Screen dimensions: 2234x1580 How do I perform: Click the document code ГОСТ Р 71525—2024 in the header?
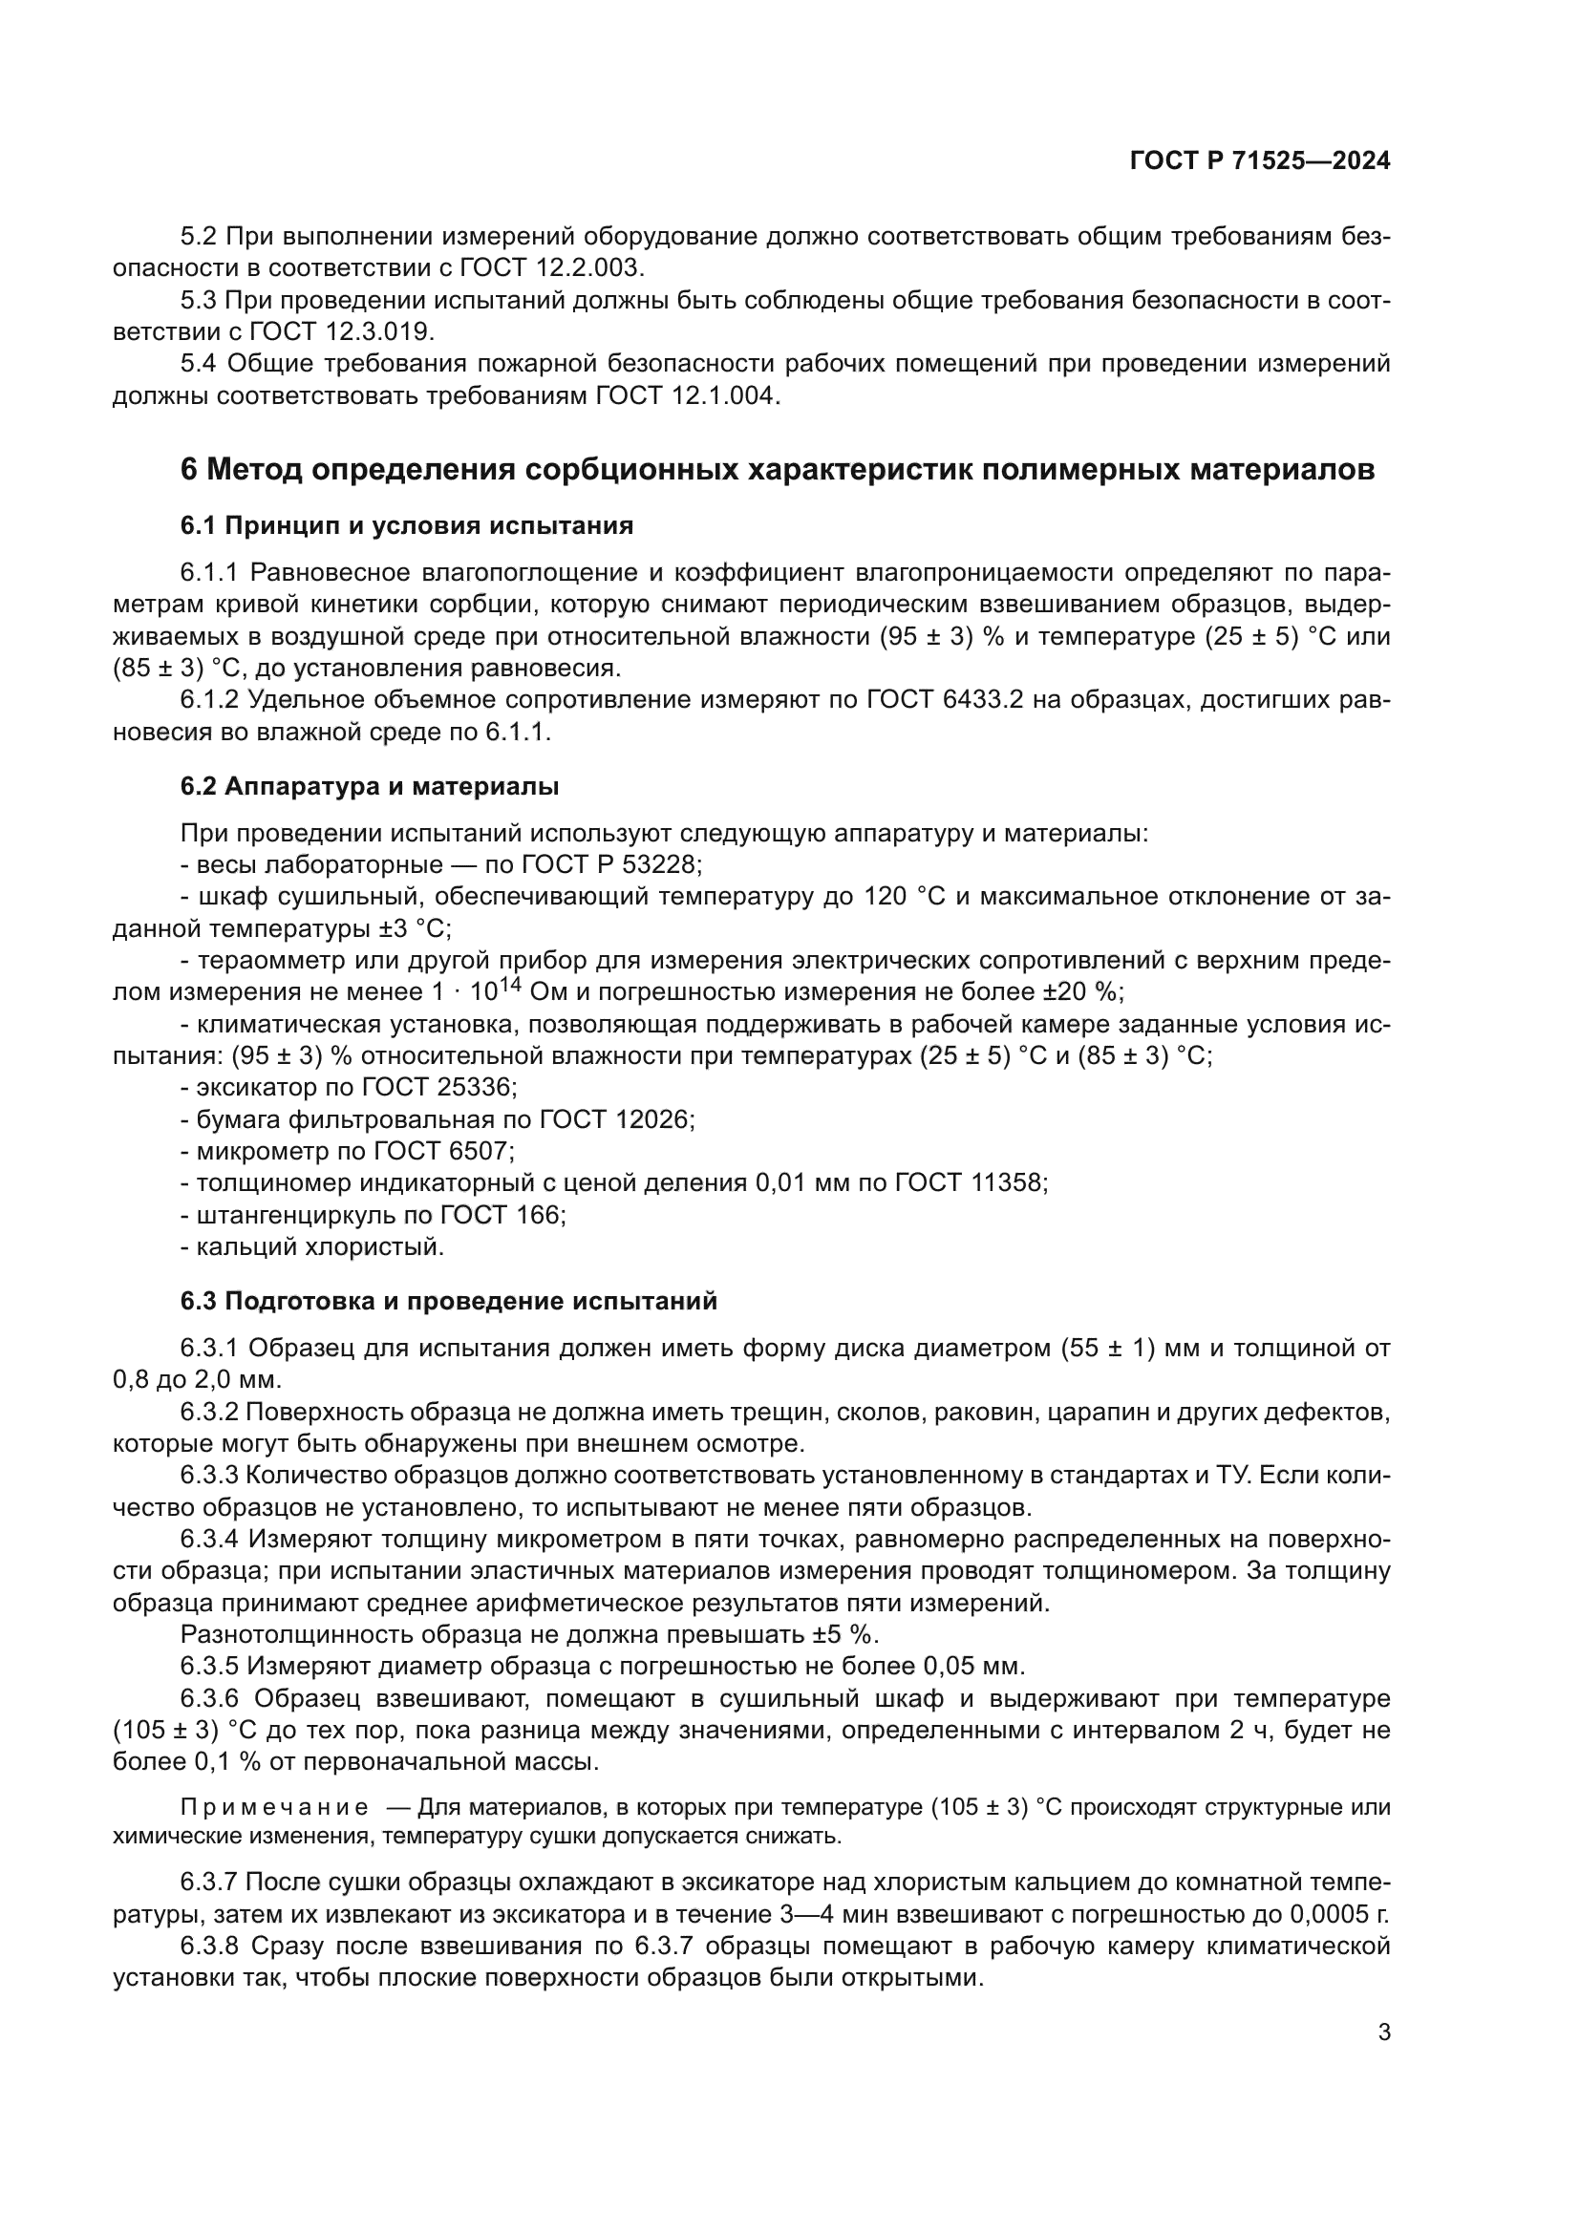pyautogui.click(x=1260, y=161)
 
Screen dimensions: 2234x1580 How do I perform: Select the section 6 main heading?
pyautogui.click(x=778, y=470)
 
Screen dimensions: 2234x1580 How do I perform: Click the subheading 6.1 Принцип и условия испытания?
pyautogui.click(x=407, y=526)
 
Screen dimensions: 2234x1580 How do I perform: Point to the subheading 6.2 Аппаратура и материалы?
pyautogui.click(x=370, y=786)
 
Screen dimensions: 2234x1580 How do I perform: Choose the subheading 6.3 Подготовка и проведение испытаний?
pyautogui.click(x=449, y=1301)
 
